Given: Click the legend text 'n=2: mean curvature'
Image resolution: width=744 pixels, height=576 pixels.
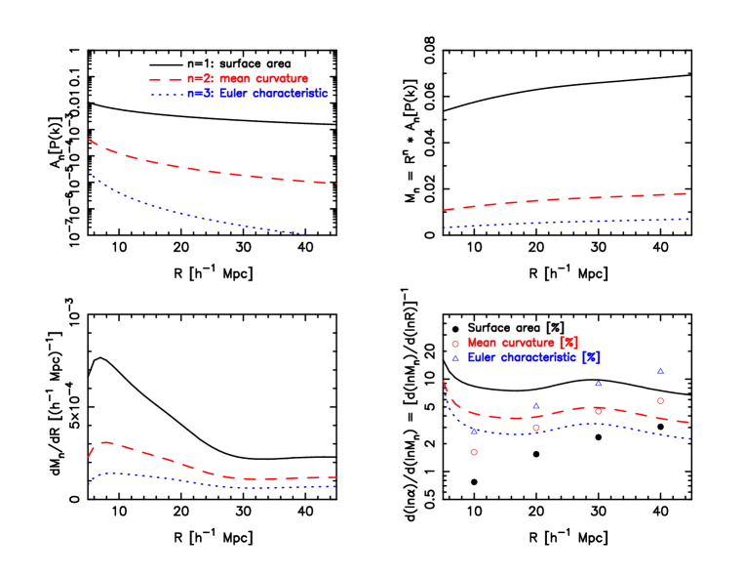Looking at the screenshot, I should (x=248, y=79).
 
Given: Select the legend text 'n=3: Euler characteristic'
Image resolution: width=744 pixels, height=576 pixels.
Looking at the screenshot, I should (x=257, y=94).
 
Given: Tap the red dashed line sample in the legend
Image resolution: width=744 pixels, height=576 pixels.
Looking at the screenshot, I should (x=166, y=80).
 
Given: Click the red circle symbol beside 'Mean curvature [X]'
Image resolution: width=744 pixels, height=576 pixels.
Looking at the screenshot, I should (x=455, y=344).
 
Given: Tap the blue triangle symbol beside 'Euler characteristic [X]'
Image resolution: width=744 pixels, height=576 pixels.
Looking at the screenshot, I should (x=455, y=358).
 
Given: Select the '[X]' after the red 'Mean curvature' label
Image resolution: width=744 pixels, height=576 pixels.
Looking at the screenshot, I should (x=568, y=344).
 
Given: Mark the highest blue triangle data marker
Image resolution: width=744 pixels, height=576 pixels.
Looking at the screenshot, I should (x=660, y=371).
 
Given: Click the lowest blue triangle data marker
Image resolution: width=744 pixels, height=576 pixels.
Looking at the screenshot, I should (x=474, y=431).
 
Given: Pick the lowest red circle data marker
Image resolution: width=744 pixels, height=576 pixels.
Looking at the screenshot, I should (x=474, y=452).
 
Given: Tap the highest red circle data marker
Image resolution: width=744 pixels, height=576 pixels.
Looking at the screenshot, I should (x=660, y=401).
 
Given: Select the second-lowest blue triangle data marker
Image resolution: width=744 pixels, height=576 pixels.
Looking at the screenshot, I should (x=536, y=406).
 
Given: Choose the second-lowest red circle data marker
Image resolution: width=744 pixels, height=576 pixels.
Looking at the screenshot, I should (x=536, y=428).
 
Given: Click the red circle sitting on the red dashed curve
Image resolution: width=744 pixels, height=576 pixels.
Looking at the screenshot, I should (x=598, y=411).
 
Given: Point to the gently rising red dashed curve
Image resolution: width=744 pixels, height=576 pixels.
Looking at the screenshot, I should (x=566, y=199).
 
